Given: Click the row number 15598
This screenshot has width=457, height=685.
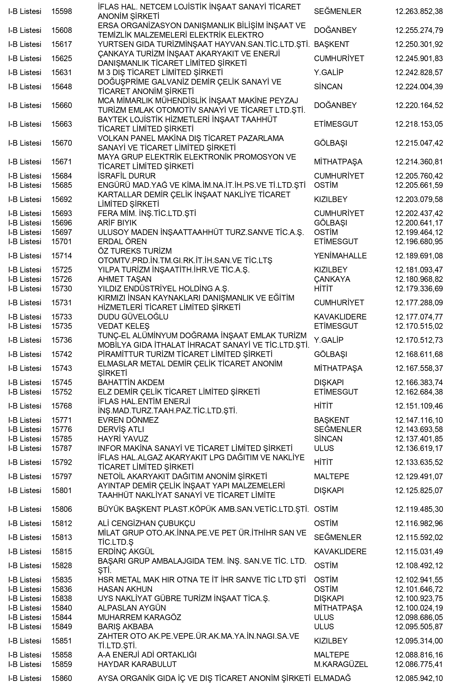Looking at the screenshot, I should point(62,11).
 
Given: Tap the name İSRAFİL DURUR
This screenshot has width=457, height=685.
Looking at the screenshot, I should point(126,176).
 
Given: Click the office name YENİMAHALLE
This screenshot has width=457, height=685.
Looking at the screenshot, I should point(340,256).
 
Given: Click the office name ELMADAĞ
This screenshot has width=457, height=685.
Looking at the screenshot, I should point(332,678).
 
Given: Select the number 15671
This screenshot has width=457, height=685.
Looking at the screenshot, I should point(62,162).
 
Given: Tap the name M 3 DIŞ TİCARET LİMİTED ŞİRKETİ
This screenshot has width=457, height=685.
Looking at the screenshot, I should point(160,72).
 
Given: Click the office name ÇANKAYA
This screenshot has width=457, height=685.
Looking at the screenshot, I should point(332,279).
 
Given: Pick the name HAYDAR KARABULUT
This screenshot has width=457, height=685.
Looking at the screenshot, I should point(137,664).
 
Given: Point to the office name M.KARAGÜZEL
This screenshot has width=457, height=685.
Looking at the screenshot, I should point(341,664).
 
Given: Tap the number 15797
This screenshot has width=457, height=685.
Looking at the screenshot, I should point(62,476).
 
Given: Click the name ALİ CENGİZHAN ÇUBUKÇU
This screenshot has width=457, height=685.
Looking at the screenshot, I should point(146,523).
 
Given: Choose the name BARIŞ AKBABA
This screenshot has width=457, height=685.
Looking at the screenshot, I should point(125,626).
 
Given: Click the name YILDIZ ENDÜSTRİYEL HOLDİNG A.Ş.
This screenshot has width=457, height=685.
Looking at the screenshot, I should point(163,289).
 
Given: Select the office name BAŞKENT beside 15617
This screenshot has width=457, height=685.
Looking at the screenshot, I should point(331,44).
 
